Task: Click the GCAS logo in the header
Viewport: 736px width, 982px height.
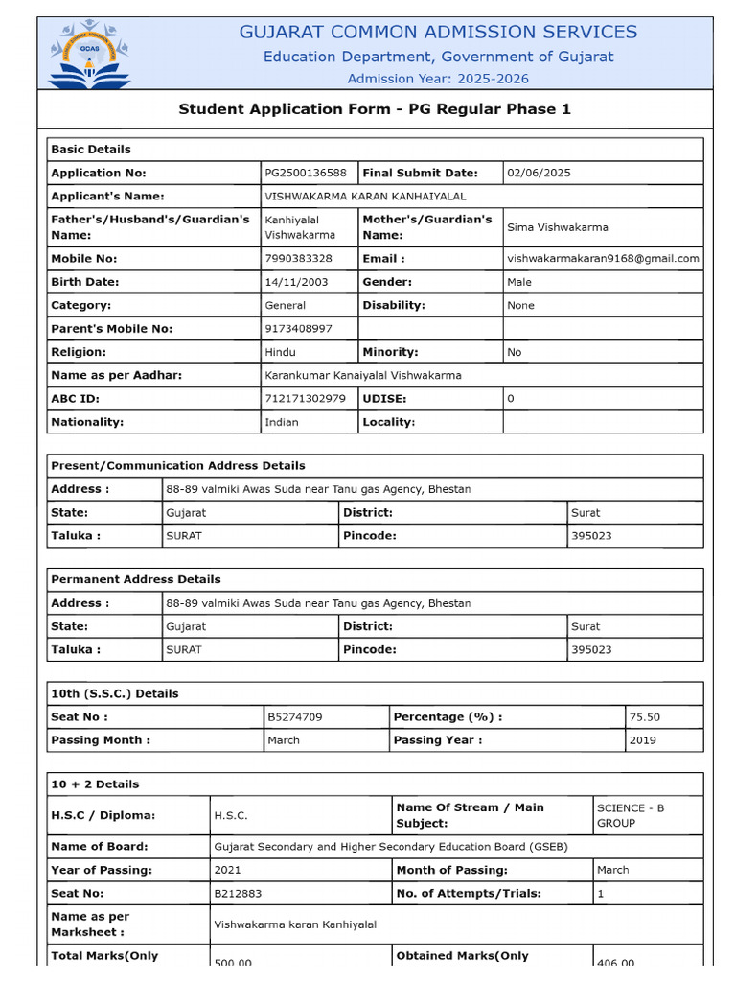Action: point(90,54)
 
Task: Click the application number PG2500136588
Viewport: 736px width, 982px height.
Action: point(306,173)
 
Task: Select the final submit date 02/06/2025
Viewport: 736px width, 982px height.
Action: point(539,173)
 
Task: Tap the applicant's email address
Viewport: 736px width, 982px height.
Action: point(603,258)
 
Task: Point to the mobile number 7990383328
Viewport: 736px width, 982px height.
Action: point(298,258)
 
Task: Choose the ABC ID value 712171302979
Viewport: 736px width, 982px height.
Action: point(305,398)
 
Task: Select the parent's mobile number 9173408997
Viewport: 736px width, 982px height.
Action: point(298,328)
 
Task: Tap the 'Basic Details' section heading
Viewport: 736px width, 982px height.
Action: point(91,150)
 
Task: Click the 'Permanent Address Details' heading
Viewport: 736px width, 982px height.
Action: point(135,579)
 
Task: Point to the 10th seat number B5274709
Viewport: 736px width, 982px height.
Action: point(295,716)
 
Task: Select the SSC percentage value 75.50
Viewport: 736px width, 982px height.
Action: point(644,716)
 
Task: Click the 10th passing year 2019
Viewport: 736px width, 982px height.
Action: point(643,740)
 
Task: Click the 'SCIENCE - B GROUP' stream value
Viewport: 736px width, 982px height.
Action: point(630,815)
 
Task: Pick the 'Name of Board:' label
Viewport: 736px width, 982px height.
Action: point(99,846)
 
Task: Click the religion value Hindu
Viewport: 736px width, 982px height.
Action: point(280,352)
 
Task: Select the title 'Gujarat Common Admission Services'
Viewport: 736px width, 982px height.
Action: point(438,32)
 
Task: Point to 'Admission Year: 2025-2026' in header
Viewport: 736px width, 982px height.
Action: point(438,79)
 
